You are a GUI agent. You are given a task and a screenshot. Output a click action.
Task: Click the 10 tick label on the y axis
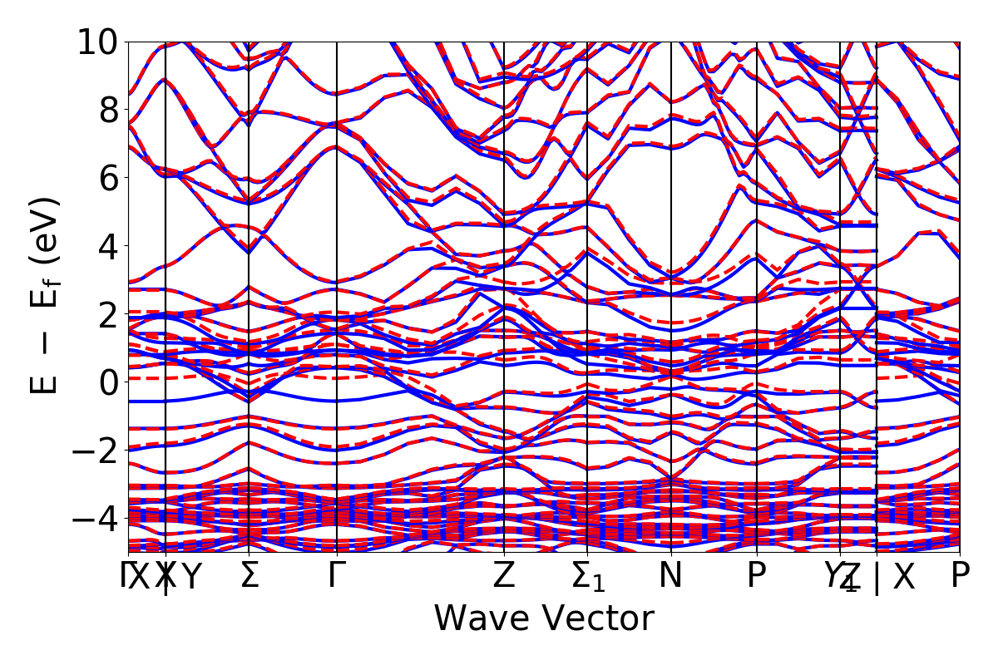click(97, 42)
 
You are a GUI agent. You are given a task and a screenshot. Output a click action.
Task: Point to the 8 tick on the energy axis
click(106, 110)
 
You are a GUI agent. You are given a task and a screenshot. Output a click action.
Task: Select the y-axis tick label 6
click(106, 178)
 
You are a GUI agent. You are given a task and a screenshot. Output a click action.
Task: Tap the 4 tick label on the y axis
click(106, 246)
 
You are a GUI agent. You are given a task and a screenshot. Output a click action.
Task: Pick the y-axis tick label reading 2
click(106, 314)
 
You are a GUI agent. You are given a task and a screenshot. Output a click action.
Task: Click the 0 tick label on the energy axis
click(106, 382)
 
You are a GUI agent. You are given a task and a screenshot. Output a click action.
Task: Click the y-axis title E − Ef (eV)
click(47, 295)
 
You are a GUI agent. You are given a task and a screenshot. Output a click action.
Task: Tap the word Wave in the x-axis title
click(479, 619)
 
